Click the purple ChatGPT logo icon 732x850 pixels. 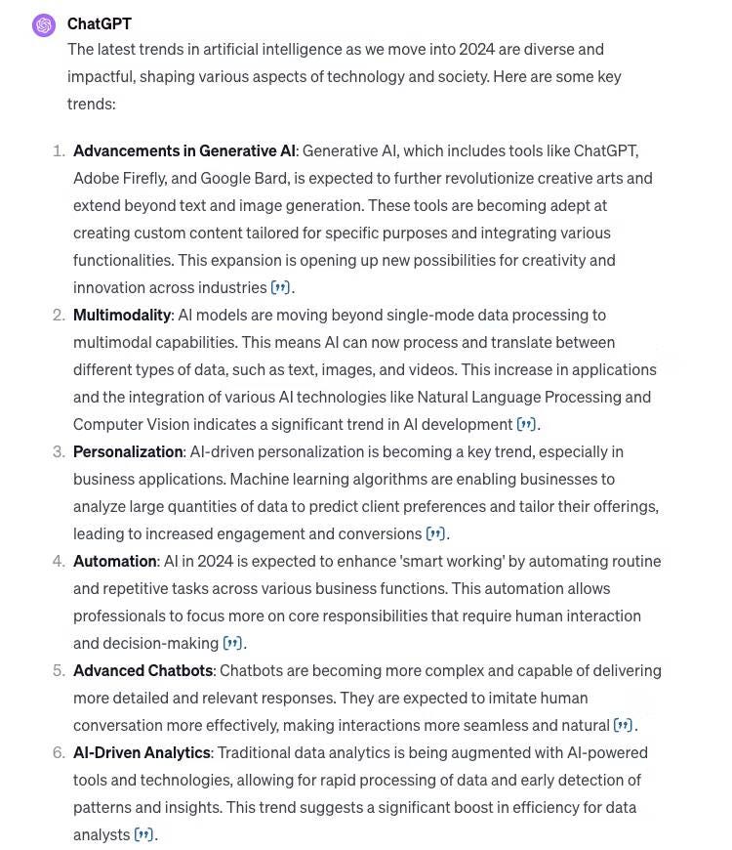pos(44,25)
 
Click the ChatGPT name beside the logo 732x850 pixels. pos(100,23)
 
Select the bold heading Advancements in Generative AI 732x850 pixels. pos(183,150)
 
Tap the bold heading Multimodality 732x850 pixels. pos(122,315)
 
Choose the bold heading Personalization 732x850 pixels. pos(128,451)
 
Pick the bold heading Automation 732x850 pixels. pos(115,561)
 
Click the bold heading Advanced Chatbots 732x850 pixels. pos(142,670)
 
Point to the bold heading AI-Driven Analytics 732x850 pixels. pos(142,752)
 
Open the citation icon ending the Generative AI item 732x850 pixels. pos(280,287)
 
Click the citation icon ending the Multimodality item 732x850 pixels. pos(526,424)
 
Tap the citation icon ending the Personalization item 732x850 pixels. pos(435,533)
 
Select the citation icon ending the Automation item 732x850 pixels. pos(232,643)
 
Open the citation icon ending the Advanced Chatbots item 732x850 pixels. pos(623,725)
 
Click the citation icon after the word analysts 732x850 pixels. pos(143,834)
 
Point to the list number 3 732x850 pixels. pos(59,451)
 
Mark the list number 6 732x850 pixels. pos(59,752)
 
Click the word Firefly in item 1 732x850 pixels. pos(145,178)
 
